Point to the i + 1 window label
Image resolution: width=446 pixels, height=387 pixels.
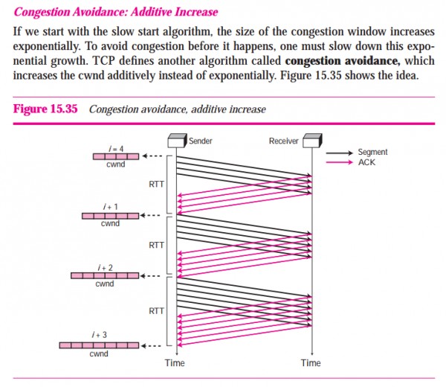pyautogui.click(x=109, y=207)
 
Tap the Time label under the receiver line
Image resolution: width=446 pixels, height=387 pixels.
pyautogui.click(x=311, y=362)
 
